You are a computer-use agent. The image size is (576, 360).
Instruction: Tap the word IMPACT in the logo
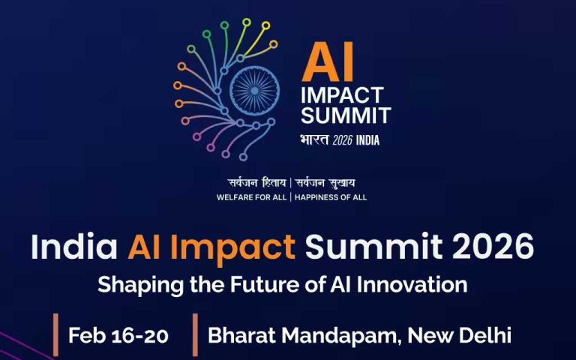tap(341, 96)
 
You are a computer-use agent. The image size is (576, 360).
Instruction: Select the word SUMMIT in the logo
tap(345, 116)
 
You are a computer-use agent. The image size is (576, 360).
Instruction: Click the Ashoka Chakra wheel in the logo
tap(253, 91)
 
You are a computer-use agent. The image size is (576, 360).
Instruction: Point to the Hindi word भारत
tap(314, 140)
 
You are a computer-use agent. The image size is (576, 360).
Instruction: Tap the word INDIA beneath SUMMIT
tap(368, 140)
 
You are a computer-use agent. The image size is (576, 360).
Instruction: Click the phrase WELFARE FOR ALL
tap(251, 198)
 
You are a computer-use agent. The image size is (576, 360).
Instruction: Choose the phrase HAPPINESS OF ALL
tap(331, 198)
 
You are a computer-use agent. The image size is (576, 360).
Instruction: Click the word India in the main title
tap(74, 247)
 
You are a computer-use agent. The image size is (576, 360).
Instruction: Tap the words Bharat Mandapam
tap(302, 335)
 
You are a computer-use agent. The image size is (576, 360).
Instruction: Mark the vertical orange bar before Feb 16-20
tap(55, 335)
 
